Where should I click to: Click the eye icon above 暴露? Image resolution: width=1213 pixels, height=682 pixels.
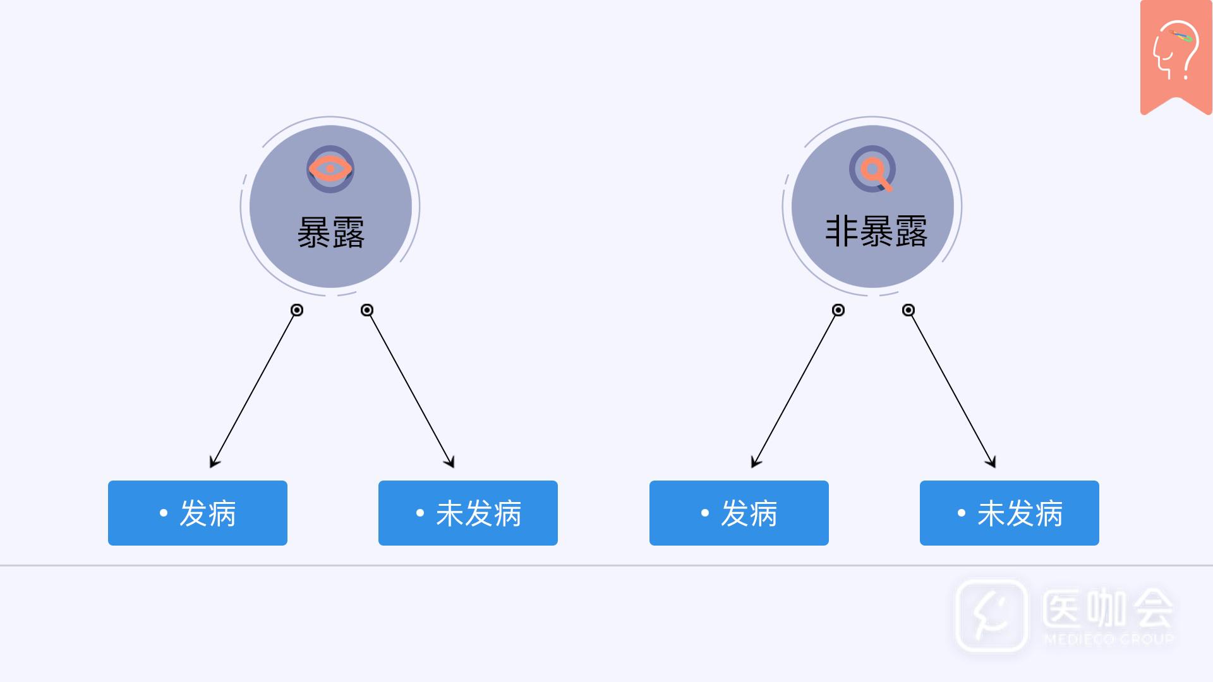point(330,169)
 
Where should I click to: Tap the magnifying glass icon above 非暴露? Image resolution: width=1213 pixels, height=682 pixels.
point(872,169)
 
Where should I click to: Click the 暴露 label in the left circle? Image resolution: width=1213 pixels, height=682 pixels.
point(330,232)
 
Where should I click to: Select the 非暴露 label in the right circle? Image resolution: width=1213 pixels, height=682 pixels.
point(876,231)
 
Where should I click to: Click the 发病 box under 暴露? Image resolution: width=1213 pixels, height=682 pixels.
point(198,513)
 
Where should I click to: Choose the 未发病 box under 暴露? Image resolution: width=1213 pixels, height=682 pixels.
point(468,513)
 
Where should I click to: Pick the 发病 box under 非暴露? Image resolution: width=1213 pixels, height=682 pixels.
point(739,513)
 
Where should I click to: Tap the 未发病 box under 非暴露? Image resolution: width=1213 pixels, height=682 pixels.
point(1010,513)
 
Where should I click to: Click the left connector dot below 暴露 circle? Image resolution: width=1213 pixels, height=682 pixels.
point(297,310)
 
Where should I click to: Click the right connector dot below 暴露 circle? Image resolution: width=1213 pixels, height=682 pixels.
point(367,310)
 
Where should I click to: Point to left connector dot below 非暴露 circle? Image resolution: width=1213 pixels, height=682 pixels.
point(838,310)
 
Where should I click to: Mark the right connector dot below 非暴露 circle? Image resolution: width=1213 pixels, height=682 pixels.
point(908,310)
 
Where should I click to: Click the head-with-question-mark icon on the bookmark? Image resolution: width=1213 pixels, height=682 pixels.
point(1175,51)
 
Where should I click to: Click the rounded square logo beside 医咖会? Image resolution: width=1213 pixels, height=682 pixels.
point(991,615)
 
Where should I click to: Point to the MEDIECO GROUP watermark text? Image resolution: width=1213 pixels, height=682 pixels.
point(1109,639)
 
